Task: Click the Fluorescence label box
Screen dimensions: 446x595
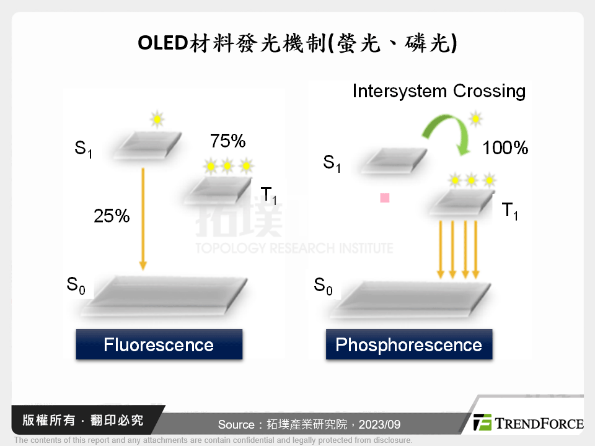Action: click(159, 344)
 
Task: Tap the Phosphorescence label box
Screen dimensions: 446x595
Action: click(408, 344)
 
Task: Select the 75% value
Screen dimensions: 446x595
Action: click(228, 141)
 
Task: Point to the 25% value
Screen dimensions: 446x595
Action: click(112, 216)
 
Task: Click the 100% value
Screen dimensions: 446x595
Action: click(505, 148)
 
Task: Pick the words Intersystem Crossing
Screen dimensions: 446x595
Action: click(439, 91)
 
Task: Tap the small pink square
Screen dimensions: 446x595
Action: click(385, 198)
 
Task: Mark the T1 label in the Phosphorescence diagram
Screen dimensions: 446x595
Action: click(509, 211)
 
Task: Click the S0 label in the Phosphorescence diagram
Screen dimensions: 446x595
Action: click(323, 286)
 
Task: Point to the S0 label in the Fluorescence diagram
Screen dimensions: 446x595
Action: click(76, 286)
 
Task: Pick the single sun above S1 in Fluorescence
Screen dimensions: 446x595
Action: click(157, 118)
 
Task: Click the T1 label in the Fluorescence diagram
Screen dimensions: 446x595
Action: click(268, 196)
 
